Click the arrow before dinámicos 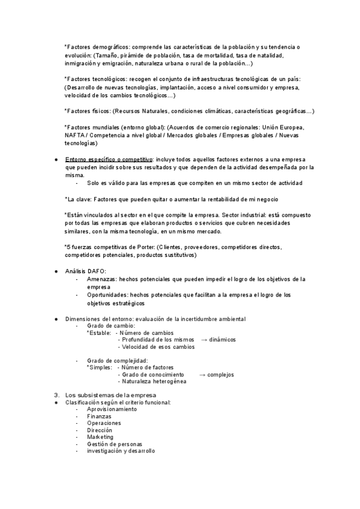pos(204,339)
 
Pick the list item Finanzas pos(99,416)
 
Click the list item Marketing pos(100,437)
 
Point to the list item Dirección pos(100,430)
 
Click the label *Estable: pos(99,332)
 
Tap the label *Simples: pos(100,367)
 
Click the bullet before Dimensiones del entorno pos(55,318)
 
